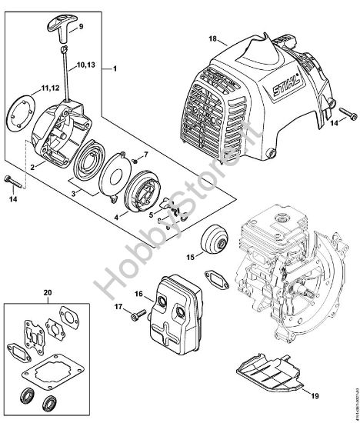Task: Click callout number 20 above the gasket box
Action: click(x=48, y=293)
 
